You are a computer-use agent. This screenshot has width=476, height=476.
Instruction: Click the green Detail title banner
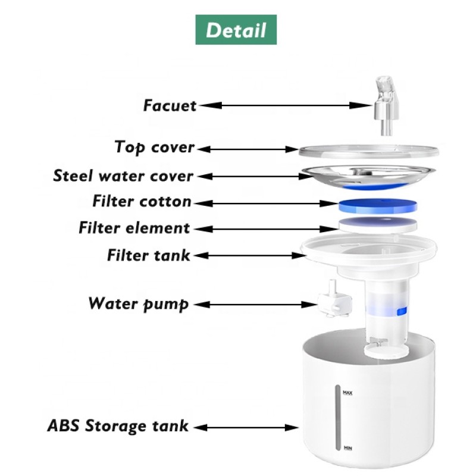pyautogui.click(x=236, y=30)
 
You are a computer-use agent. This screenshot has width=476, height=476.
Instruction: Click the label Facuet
pyautogui.click(x=170, y=106)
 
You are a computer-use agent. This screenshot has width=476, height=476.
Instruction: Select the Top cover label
pyautogui.click(x=155, y=147)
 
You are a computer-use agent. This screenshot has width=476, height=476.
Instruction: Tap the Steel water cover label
pyautogui.click(x=123, y=176)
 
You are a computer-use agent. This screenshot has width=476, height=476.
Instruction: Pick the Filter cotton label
pyautogui.click(x=142, y=202)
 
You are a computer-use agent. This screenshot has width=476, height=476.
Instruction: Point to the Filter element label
pyautogui.click(x=134, y=228)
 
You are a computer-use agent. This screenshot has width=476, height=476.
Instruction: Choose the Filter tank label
pyautogui.click(x=149, y=255)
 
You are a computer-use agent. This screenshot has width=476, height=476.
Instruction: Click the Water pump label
pyautogui.click(x=139, y=303)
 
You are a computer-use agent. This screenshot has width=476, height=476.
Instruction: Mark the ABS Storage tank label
pyautogui.click(x=118, y=426)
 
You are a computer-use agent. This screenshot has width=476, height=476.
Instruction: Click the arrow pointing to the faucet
pyautogui.click(x=285, y=105)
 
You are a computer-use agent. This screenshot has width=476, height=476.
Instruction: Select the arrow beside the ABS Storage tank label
pyautogui.click(x=246, y=427)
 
